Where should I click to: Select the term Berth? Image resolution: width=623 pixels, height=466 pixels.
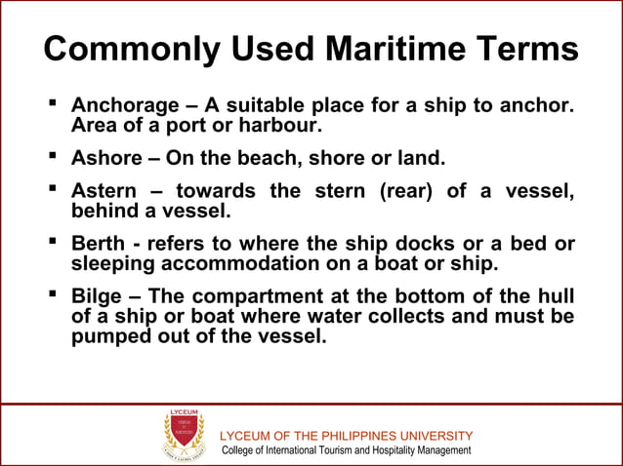click(98, 244)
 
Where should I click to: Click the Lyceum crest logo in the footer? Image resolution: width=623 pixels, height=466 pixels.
click(183, 435)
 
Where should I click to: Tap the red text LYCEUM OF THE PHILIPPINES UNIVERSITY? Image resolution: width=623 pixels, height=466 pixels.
click(348, 435)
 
